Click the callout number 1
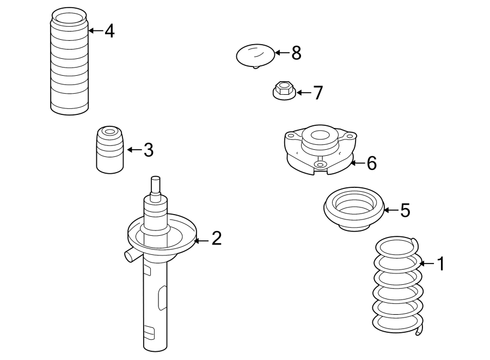[441, 264]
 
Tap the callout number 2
[217, 238]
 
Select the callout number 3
[149, 150]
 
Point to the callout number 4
[109, 31]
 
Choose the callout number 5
[405, 210]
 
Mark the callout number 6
[371, 163]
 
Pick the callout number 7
[317, 93]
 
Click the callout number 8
[296, 53]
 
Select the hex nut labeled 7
[283, 91]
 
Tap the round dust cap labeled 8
[255, 55]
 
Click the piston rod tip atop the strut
[156, 185]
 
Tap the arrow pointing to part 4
[95, 31]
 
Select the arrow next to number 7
[303, 93]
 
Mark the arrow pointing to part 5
[391, 210]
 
